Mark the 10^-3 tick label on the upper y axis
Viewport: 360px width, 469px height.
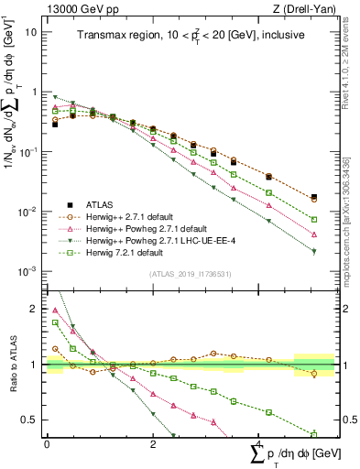(x=28, y=271)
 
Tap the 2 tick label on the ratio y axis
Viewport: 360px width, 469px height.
(x=35, y=309)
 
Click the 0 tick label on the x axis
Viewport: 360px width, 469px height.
(x=47, y=442)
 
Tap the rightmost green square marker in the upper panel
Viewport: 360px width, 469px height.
(x=314, y=220)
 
